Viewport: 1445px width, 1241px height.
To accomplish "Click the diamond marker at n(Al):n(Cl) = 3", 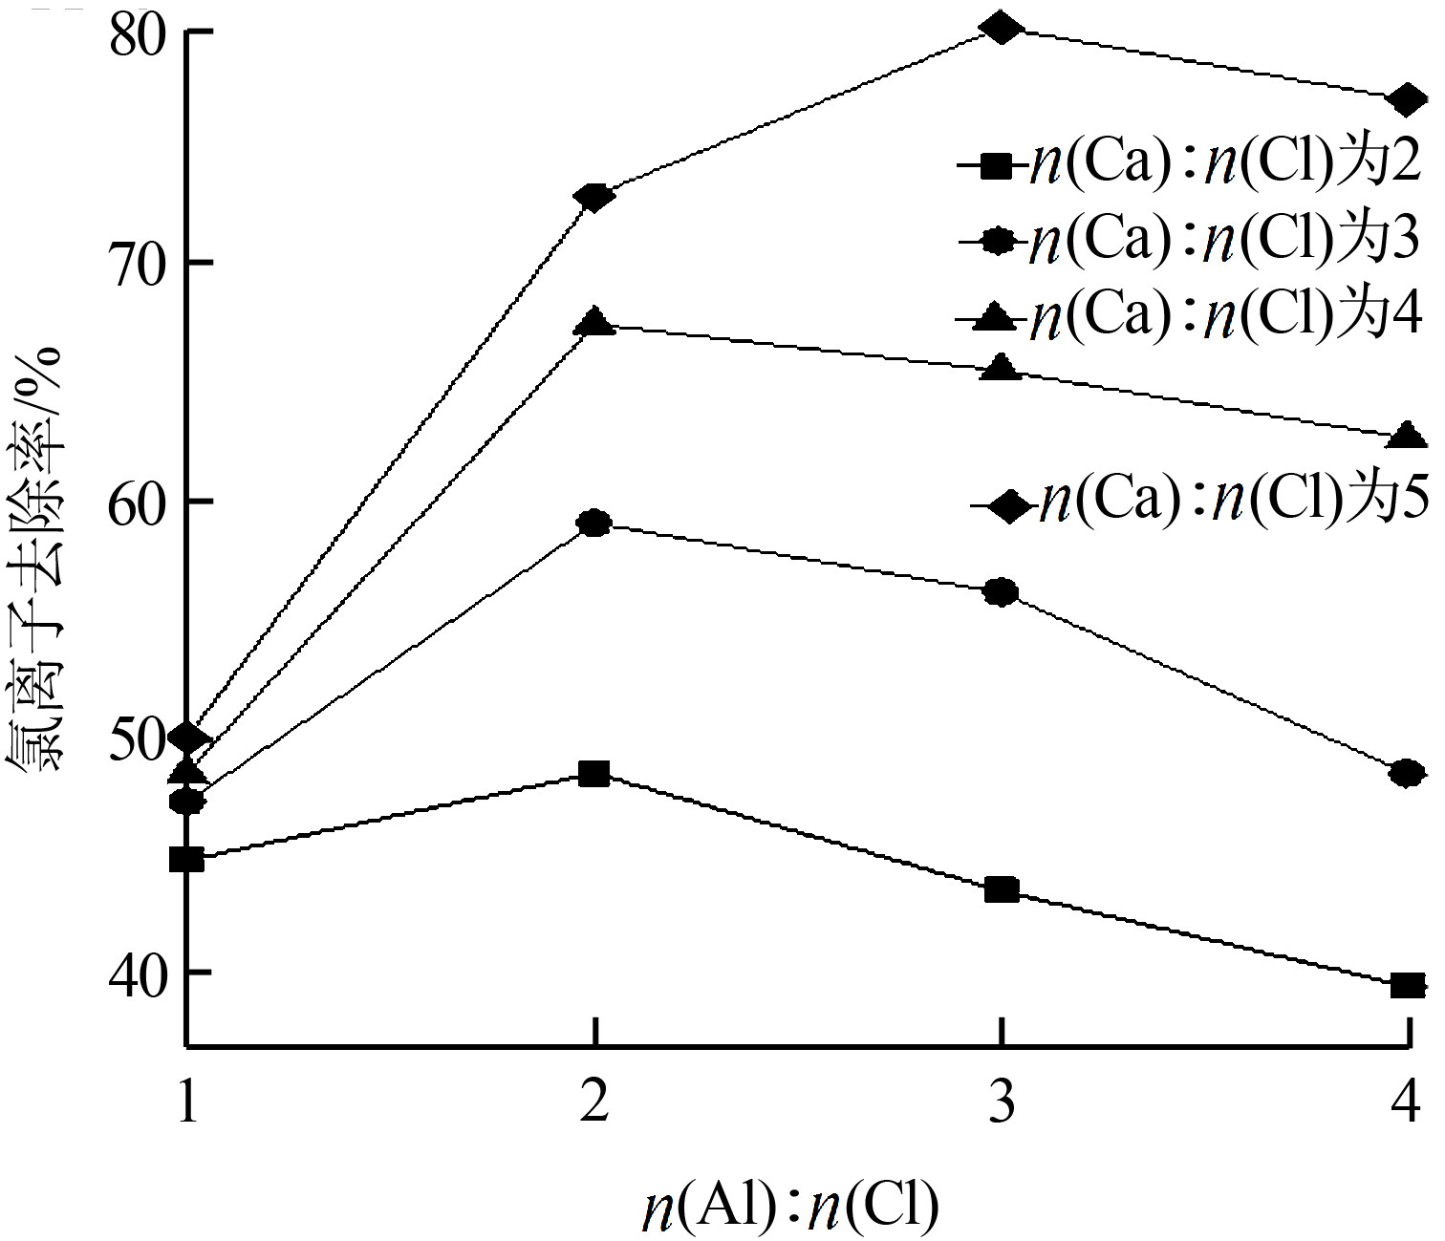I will pos(1001,29).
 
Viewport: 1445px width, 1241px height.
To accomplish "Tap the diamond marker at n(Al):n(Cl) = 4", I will pos(1407,98).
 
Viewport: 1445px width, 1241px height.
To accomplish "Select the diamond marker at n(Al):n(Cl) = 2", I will pos(594,198).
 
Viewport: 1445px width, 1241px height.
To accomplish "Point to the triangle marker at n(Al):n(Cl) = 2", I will pos(594,322).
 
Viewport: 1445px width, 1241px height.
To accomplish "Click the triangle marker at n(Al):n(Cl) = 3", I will pos(1001,368).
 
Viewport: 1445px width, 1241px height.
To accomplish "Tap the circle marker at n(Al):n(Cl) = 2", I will pos(594,523).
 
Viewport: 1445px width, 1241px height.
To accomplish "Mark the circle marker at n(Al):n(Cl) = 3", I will pos(1001,592).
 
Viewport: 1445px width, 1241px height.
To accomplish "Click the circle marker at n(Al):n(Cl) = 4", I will pos(1407,773).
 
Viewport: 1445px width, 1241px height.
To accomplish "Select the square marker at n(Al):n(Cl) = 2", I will pos(594,773).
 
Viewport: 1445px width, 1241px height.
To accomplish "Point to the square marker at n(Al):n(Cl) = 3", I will pos(1001,890).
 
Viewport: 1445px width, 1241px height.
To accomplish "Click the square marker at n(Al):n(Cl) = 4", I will pos(1407,985).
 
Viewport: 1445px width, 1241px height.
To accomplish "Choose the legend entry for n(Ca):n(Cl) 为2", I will pos(1191,166).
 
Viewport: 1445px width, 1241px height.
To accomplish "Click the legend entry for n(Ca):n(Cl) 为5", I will pos(1200,502).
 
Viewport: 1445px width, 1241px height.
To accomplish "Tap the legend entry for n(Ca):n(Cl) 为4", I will pos(1191,317).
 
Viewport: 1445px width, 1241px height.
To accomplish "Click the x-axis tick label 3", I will pos(1001,1104).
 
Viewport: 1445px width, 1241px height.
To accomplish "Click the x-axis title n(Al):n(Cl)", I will pos(789,1207).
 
